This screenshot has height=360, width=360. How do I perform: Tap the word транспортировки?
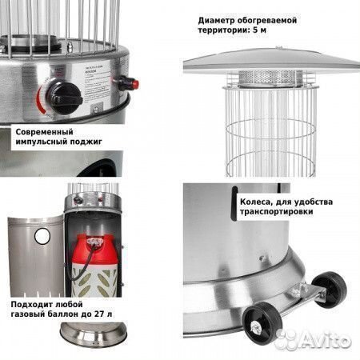[x=276, y=213]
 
